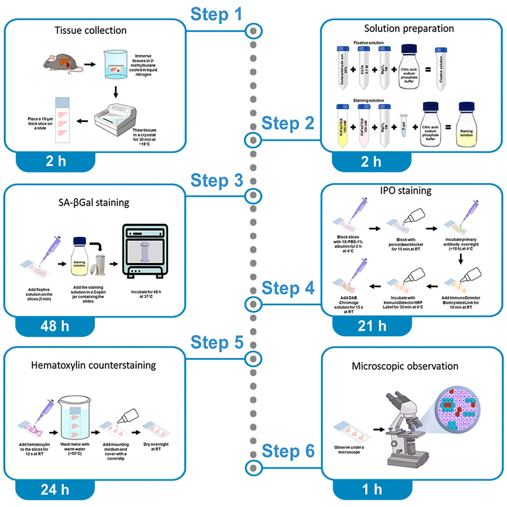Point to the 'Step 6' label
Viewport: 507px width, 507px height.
[x=288, y=450]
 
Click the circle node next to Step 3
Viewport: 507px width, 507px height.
[x=252, y=196]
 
